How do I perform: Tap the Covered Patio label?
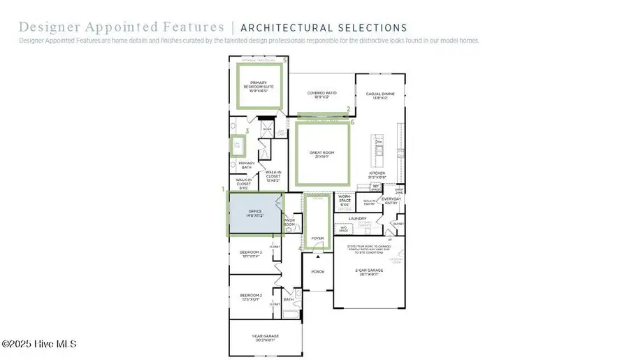pos(323,94)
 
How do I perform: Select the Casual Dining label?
pos(380,96)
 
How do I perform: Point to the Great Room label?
pos(322,154)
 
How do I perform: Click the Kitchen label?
pos(377,175)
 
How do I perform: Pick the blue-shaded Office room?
pos(255,213)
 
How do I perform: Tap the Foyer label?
pos(317,238)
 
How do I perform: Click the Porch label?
pos(317,271)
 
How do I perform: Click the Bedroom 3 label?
pos(251,254)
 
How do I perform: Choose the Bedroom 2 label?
pos(251,298)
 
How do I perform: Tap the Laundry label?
pos(357,219)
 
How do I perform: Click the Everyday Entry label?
pos(391,201)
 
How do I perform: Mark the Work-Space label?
pos(345,201)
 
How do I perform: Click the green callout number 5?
pos(284,61)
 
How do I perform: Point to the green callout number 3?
pos(247,131)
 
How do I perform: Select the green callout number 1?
pos(224,189)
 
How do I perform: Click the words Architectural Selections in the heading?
pos(324,28)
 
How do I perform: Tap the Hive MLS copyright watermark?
pos(38,344)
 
